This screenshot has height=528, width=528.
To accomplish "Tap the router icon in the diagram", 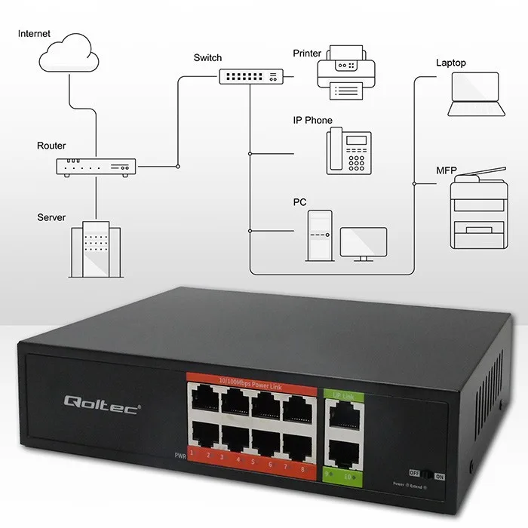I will pyautogui.click(x=96, y=167).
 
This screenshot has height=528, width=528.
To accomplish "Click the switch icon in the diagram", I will pyautogui.click(x=252, y=76).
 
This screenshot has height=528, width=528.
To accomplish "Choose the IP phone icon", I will pyautogui.click(x=349, y=152).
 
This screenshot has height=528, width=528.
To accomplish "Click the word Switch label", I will pyautogui.click(x=207, y=58).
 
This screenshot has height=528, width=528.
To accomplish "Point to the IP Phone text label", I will pyautogui.click(x=312, y=121).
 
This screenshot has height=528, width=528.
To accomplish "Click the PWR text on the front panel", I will pyautogui.click(x=180, y=456).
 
